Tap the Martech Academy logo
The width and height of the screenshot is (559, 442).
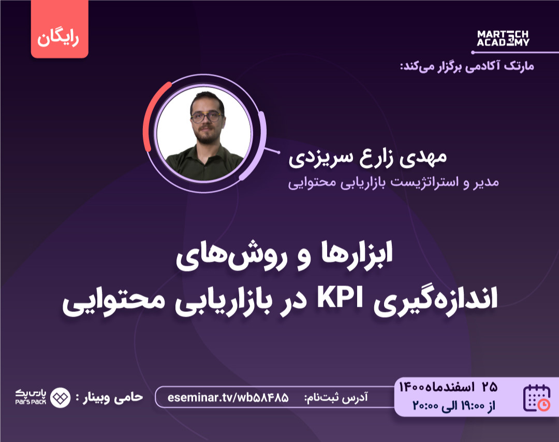(x=503, y=38)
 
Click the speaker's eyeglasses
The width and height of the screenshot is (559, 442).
(x=206, y=117)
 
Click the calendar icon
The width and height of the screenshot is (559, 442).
(x=537, y=398)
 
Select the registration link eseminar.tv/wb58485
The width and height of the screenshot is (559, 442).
(x=228, y=398)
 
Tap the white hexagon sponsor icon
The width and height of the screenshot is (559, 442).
(x=60, y=397)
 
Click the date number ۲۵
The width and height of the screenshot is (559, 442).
(x=489, y=386)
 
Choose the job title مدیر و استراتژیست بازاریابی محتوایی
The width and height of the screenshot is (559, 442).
(x=393, y=182)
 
